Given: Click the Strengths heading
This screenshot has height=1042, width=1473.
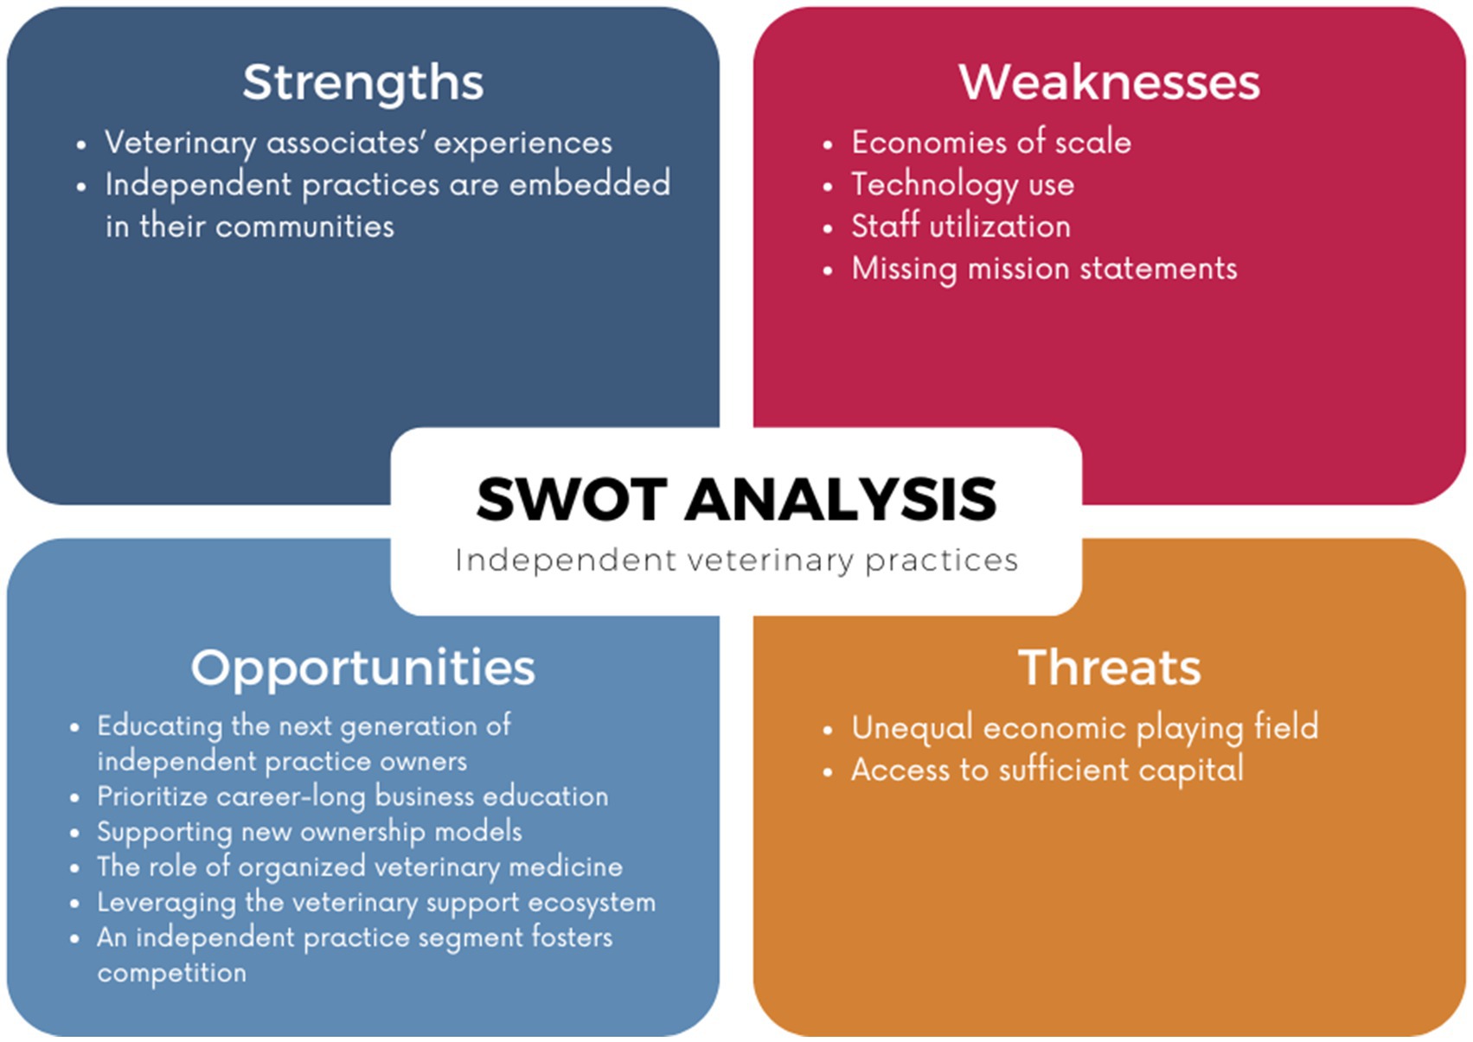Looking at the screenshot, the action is pyautogui.click(x=363, y=84).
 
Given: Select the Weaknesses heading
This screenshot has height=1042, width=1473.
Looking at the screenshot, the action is pyautogui.click(x=1109, y=82).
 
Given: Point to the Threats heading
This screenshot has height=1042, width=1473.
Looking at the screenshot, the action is pyautogui.click(x=1110, y=668).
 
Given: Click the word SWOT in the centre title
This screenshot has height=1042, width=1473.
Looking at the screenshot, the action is pyautogui.click(x=572, y=499).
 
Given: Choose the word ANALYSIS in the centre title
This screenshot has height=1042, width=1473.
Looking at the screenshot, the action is pyautogui.click(x=841, y=499).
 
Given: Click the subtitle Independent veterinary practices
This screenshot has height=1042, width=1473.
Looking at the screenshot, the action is pyautogui.click(x=737, y=561).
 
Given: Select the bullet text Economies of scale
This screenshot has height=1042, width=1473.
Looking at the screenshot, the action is pyautogui.click(x=991, y=142).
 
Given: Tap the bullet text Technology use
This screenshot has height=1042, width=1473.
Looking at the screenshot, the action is pyautogui.click(x=963, y=185).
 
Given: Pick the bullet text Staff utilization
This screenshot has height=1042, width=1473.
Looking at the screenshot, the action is pyautogui.click(x=961, y=227).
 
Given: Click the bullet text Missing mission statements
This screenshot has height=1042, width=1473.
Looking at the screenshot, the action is pyautogui.click(x=1044, y=270).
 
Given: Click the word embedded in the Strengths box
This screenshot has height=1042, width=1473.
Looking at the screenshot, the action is pyautogui.click(x=590, y=184).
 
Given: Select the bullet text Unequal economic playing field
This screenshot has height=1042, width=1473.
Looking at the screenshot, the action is pyautogui.click(x=1085, y=728).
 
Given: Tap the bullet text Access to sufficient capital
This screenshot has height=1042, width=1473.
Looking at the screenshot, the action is pyautogui.click(x=1047, y=770).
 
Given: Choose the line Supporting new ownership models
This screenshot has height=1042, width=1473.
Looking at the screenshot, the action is pyautogui.click(x=310, y=832).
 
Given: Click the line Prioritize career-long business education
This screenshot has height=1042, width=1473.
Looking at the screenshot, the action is pyautogui.click(x=353, y=796).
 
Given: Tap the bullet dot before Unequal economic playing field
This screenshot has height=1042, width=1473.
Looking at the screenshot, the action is pyautogui.click(x=827, y=730).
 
